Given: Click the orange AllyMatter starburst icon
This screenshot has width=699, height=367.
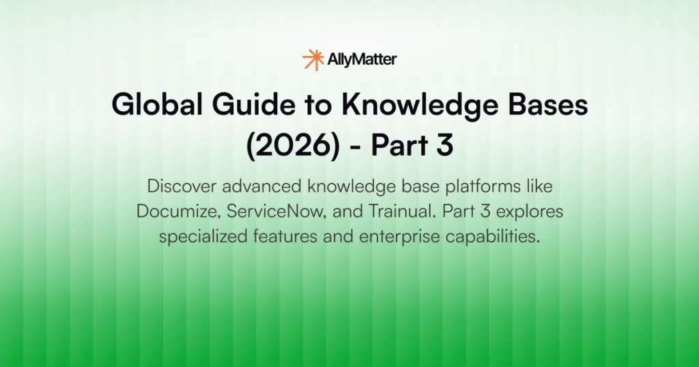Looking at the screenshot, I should tap(313, 59).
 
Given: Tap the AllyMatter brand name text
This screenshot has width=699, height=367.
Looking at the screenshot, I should tap(362, 60).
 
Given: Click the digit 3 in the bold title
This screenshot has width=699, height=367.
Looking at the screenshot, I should tap(444, 146).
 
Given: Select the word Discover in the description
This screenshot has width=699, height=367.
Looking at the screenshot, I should tap(179, 186).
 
